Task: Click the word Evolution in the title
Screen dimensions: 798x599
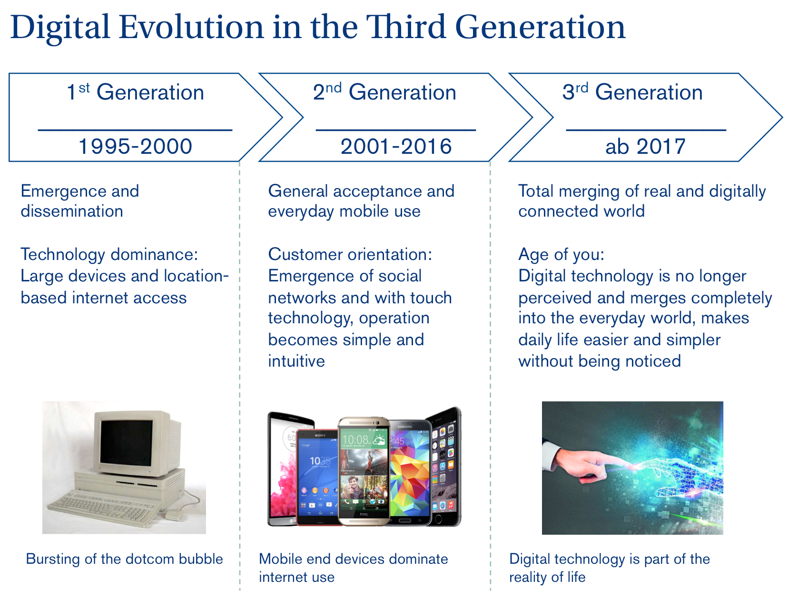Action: click(x=191, y=27)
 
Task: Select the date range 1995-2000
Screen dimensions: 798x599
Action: click(x=135, y=146)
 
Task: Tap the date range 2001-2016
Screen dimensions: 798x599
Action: click(x=396, y=146)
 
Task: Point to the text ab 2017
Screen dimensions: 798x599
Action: click(x=645, y=146)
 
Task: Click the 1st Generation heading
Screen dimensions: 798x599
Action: click(x=135, y=91)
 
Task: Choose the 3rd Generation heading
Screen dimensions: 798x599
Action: click(x=632, y=91)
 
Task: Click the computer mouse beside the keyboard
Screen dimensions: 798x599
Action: click(x=174, y=515)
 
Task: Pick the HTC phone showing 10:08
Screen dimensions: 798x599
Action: click(x=364, y=471)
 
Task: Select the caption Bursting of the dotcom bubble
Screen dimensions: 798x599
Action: click(x=124, y=559)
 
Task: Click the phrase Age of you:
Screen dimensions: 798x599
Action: click(x=562, y=255)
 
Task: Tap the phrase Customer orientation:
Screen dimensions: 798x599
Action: click(x=350, y=254)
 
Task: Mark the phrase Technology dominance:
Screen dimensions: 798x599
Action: click(x=109, y=255)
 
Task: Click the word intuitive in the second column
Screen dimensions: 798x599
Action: click(x=296, y=361)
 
